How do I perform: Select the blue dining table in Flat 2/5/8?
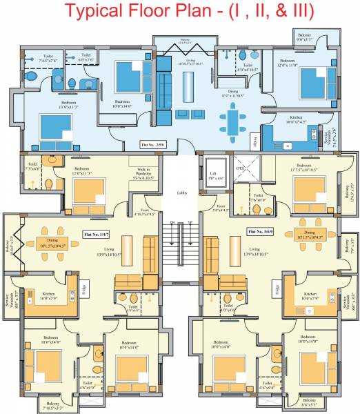(x=232, y=124)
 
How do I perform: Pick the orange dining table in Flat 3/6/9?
(x=309, y=233)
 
